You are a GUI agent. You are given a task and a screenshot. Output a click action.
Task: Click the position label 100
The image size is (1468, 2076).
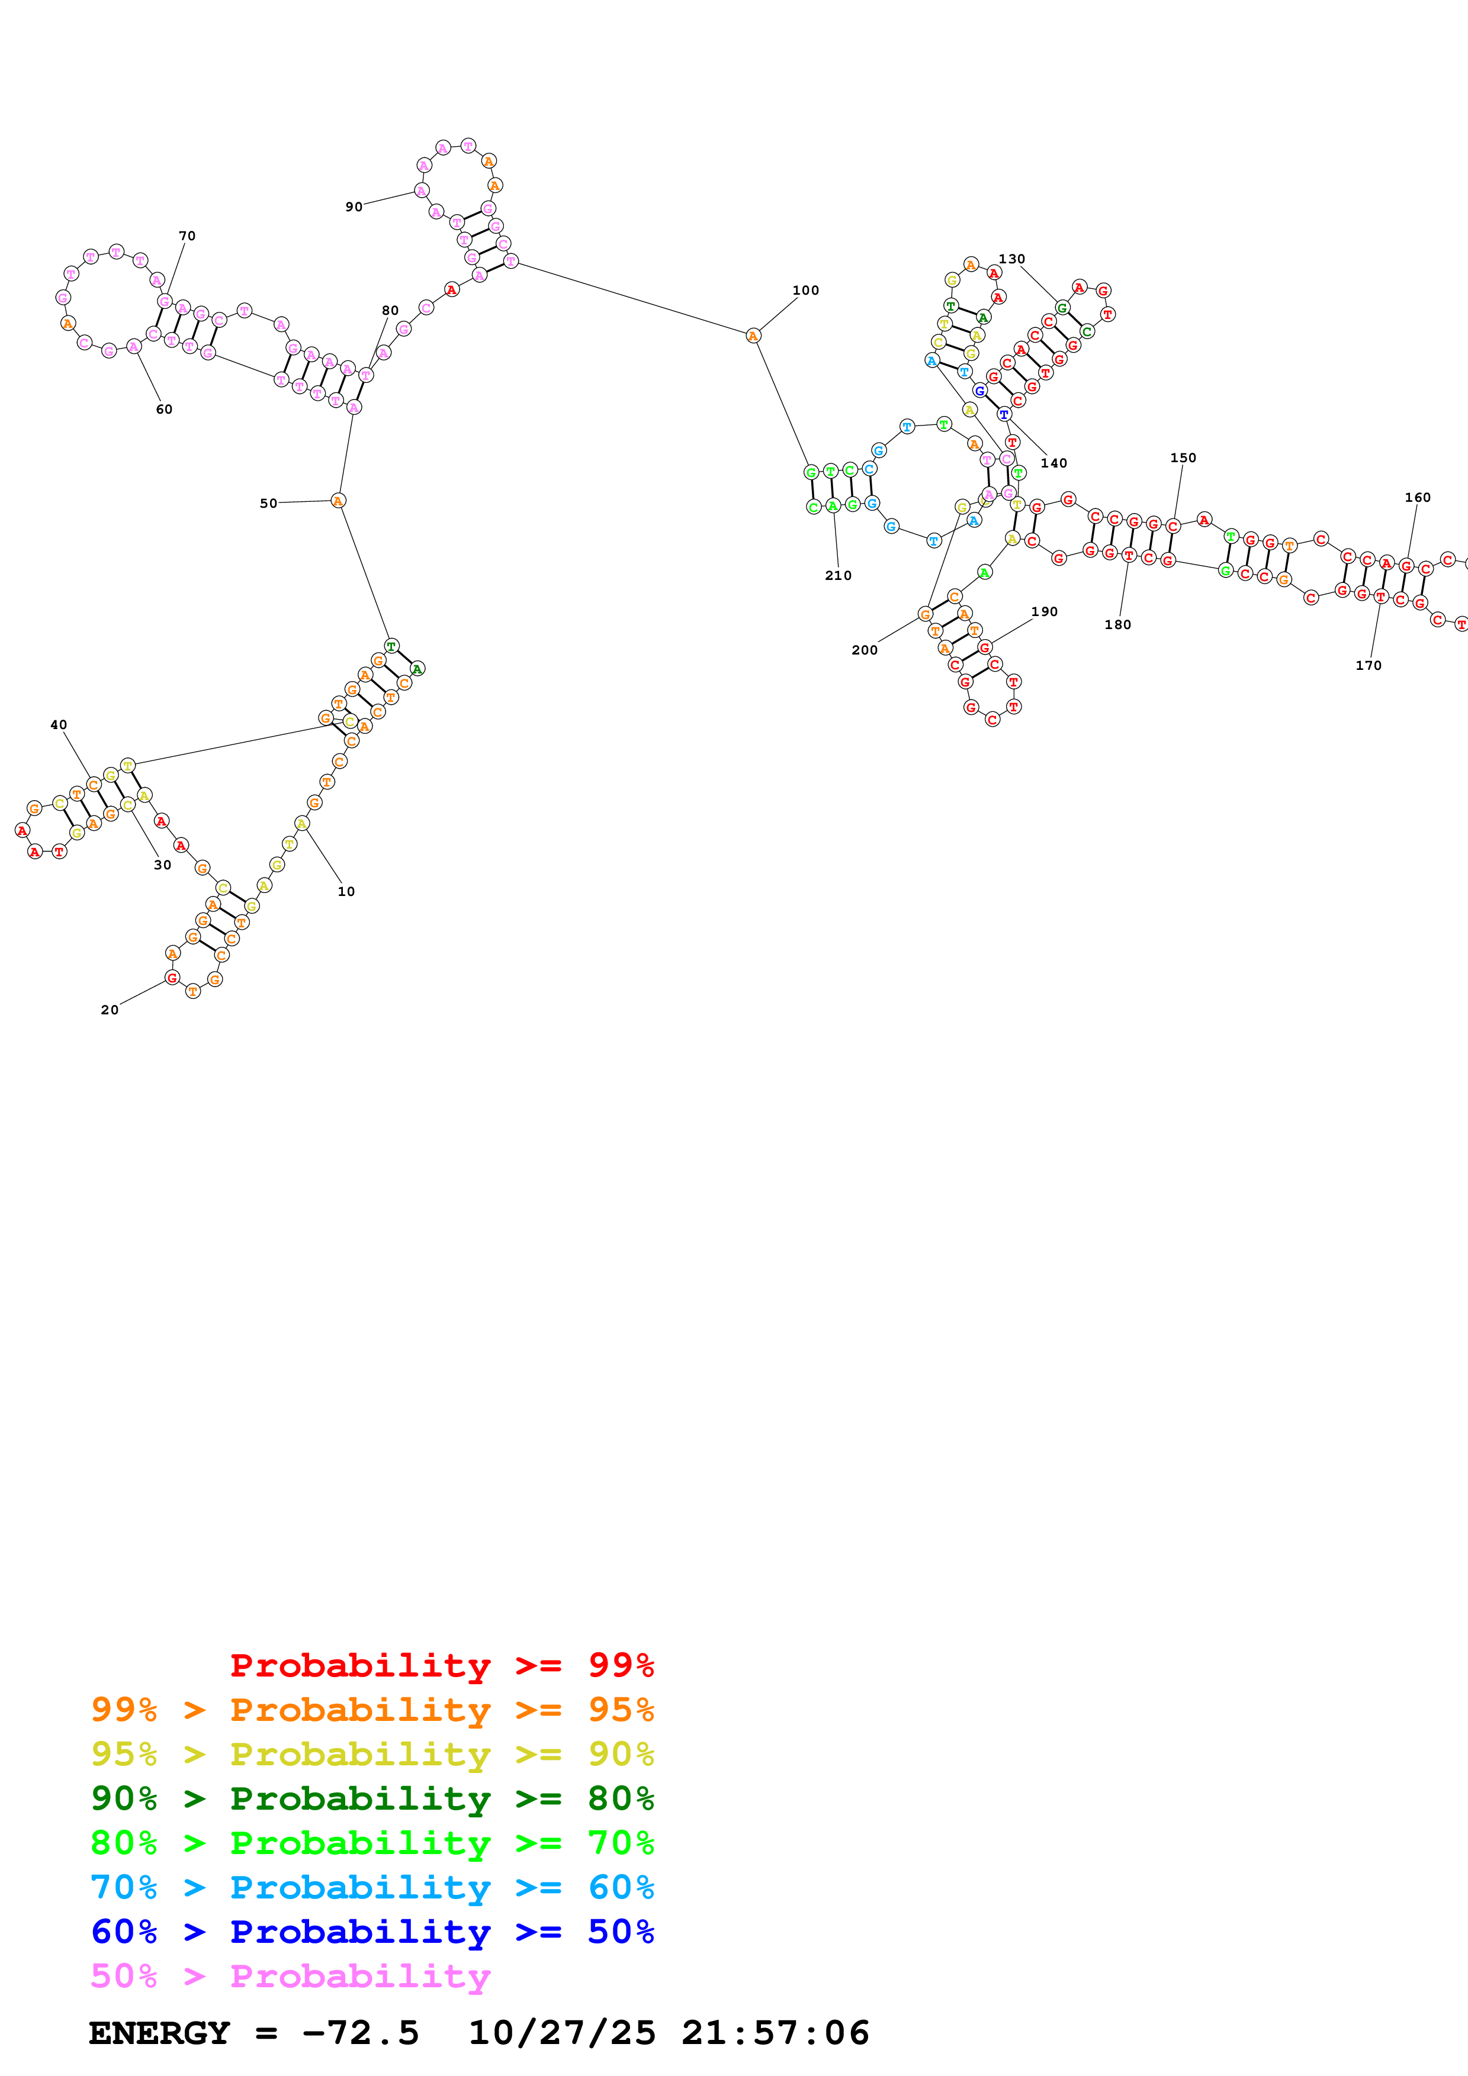805,290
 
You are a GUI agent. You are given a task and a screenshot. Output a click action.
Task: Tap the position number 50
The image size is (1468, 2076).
269,504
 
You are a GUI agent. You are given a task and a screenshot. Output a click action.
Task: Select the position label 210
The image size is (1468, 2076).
837,575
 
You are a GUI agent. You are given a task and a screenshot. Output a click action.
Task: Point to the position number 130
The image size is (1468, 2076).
1011,259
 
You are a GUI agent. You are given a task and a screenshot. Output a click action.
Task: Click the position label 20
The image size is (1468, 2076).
110,1010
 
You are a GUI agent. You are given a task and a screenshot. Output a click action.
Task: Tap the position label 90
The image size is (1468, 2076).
354,207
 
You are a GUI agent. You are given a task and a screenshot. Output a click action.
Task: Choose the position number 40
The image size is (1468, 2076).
59,725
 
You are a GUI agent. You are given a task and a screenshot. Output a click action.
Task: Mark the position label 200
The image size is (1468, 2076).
864,650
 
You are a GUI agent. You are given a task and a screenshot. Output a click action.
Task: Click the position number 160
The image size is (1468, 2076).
1417,497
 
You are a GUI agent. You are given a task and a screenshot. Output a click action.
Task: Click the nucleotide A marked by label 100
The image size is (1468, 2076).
753,336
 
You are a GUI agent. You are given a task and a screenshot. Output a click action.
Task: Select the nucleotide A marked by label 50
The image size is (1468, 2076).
338,501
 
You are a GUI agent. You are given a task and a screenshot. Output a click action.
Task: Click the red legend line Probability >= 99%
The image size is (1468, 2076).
441,1665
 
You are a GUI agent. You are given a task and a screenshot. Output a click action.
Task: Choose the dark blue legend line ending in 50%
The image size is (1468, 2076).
372,1932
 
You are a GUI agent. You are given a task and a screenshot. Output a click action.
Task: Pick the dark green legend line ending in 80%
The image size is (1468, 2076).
372,1798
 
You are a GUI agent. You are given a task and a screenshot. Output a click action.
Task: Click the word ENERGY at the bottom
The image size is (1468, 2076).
159,2033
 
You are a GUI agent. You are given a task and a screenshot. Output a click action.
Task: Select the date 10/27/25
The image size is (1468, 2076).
562,2033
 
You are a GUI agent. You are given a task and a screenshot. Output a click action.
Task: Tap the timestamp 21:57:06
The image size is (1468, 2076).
775,2033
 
